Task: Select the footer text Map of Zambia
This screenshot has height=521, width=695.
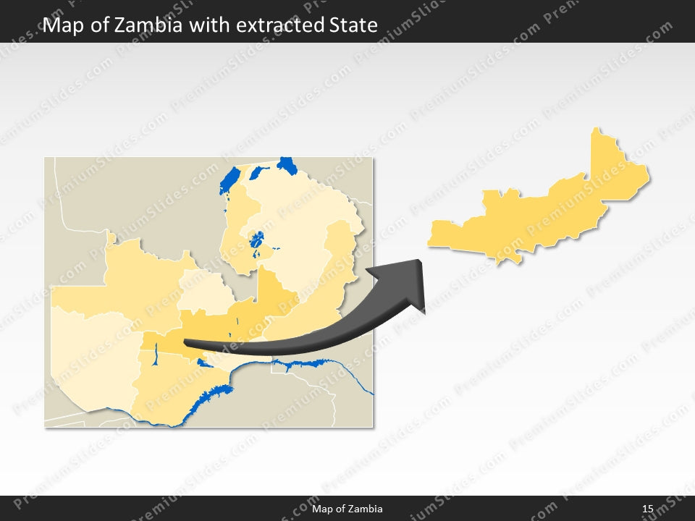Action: [347, 509]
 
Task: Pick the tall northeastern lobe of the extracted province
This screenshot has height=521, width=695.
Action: [615, 166]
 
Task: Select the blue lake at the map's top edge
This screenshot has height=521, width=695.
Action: [287, 166]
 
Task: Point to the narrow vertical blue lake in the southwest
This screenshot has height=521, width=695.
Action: [156, 354]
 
